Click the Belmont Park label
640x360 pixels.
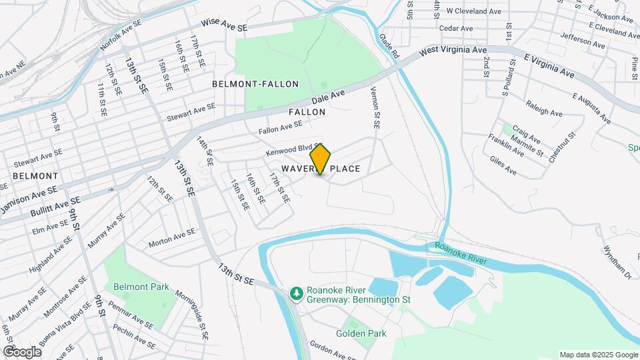(141, 287)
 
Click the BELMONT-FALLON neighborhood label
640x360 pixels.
(255, 84)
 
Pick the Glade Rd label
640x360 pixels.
(389, 45)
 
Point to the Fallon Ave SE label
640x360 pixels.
(281, 126)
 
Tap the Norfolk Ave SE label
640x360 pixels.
(121, 35)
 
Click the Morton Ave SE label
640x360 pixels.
(172, 237)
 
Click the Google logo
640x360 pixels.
(21, 351)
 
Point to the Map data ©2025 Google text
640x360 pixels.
(598, 355)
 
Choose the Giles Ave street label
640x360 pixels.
(503, 165)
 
